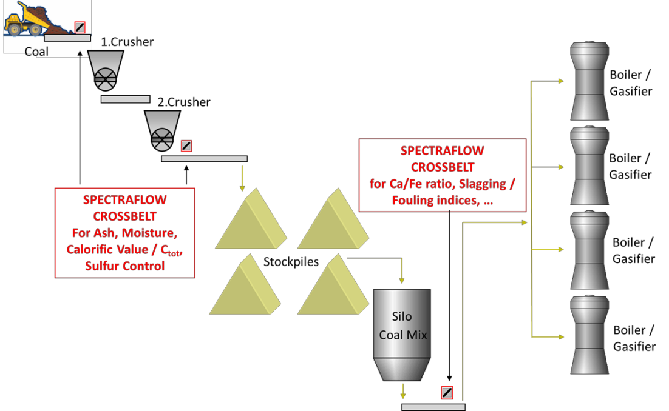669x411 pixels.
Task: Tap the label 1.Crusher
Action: (127, 42)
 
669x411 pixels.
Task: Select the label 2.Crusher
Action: (184, 102)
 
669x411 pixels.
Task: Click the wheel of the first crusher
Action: (106, 79)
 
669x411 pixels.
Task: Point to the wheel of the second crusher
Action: (162, 139)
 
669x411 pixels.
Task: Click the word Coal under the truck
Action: (36, 52)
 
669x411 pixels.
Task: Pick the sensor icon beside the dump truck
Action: (80, 27)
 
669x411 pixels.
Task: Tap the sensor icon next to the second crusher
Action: (186, 146)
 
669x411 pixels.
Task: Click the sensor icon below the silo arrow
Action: (447, 393)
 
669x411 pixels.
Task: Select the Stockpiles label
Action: (291, 261)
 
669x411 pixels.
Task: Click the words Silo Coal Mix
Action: (402, 326)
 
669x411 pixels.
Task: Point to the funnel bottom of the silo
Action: (402, 369)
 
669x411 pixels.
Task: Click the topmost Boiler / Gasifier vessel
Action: (589, 81)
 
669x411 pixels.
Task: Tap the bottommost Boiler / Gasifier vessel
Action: (589, 335)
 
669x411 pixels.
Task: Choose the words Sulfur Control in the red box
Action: (124, 266)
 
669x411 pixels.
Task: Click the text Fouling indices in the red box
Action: (435, 200)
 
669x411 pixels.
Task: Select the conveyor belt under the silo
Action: (433, 407)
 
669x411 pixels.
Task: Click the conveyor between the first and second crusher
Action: (126, 99)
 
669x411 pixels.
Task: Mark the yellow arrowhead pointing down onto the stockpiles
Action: (242, 188)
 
